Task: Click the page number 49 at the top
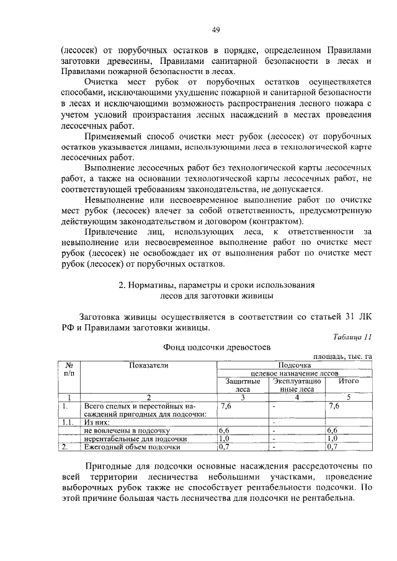click(x=198, y=30)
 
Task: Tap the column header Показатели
click(x=149, y=366)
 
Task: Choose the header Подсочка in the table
click(x=295, y=366)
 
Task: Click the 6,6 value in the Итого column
click(x=333, y=430)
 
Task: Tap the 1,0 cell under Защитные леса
click(x=225, y=438)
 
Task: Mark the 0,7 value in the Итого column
click(x=333, y=446)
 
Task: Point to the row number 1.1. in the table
click(x=69, y=422)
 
